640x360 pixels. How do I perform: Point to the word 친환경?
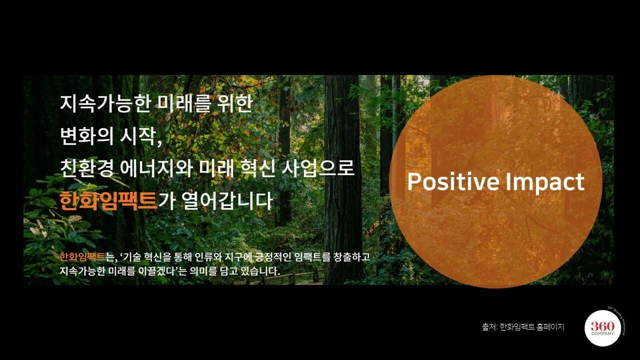coord(86,168)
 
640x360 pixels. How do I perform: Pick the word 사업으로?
coord(318,168)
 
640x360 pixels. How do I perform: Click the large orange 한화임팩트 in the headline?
coord(108,201)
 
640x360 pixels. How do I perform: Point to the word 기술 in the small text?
coord(132,257)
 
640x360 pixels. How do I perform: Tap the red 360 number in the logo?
coord(602,326)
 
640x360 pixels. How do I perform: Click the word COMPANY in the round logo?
coord(602,333)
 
